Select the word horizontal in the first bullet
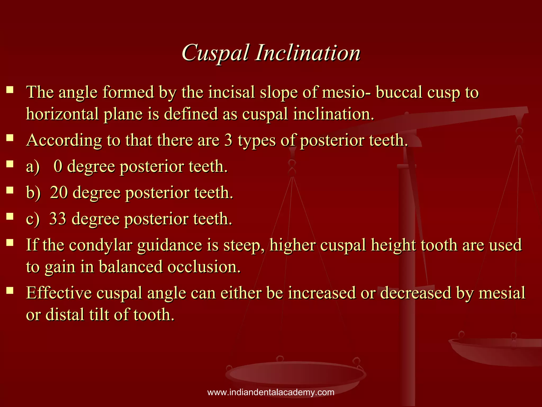[62, 114]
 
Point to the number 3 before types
[228, 140]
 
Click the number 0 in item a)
[58, 166]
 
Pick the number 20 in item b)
[59, 192]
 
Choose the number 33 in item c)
[58, 219]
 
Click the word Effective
[59, 293]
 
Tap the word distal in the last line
[65, 315]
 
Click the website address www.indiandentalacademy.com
[271, 392]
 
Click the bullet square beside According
[10, 138]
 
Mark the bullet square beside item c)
[10, 216]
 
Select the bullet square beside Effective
[10, 290]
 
